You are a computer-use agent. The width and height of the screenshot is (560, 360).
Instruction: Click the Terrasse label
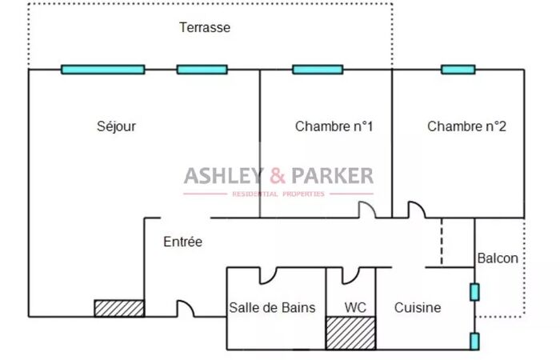click(205, 27)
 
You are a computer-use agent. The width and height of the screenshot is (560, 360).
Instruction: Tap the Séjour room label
click(117, 126)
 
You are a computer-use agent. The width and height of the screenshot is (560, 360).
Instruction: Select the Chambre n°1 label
click(334, 126)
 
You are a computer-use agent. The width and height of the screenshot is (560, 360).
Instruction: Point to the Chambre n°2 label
click(466, 126)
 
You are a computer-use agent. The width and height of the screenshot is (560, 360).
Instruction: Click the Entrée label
click(182, 242)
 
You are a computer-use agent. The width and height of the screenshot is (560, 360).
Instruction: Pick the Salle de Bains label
click(272, 307)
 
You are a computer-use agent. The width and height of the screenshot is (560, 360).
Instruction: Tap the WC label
click(354, 307)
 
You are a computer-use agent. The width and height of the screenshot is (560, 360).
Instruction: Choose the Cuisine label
click(418, 307)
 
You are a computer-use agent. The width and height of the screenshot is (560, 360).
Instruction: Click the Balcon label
click(498, 258)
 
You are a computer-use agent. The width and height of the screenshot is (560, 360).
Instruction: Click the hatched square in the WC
click(350, 333)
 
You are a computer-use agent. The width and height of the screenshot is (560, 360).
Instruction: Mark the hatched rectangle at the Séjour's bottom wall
click(119, 308)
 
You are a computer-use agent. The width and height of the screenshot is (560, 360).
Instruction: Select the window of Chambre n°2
click(458, 70)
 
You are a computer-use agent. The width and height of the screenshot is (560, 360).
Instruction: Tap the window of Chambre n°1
click(318, 70)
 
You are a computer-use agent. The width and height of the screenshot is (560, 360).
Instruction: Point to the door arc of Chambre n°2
click(418, 210)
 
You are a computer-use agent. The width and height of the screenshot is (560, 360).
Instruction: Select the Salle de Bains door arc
click(267, 274)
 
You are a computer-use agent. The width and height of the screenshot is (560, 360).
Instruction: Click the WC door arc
click(351, 274)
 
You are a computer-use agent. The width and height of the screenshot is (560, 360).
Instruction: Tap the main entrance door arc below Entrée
click(186, 308)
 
